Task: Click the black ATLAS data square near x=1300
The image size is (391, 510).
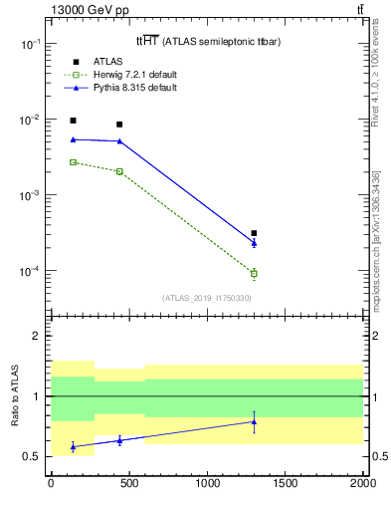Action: [x=254, y=233]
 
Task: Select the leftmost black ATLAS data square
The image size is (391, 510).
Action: [x=73, y=121]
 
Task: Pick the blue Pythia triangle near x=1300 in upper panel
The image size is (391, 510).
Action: [x=254, y=242]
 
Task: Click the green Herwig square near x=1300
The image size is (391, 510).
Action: [x=254, y=273]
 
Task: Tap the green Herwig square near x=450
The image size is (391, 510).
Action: [x=119, y=171]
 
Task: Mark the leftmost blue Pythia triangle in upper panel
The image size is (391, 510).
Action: [x=73, y=139]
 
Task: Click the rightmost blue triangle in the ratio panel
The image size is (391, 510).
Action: [x=254, y=421]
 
